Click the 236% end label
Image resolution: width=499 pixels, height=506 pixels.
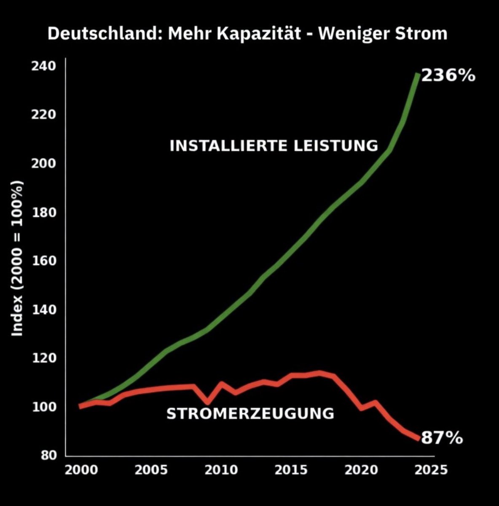pyautogui.click(x=448, y=76)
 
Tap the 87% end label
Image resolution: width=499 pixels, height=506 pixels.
pyautogui.click(x=442, y=438)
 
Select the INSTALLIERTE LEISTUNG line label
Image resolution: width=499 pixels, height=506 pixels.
pyautogui.click(x=274, y=146)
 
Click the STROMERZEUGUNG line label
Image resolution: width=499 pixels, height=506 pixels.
pyautogui.click(x=250, y=414)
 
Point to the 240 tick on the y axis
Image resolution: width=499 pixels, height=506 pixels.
pyautogui.click(x=43, y=66)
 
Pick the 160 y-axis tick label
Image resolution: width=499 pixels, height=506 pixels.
pyautogui.click(x=43, y=261)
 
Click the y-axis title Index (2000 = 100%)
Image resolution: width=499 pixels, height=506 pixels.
pyautogui.click(x=17, y=258)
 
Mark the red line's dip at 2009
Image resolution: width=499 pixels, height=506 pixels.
pyautogui.click(x=207, y=401)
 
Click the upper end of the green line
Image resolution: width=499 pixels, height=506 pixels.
pyautogui.click(x=417, y=75)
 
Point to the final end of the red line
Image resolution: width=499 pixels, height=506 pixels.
pyautogui.click(x=418, y=439)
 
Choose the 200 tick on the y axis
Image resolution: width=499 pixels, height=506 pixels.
pyautogui.click(x=43, y=163)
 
